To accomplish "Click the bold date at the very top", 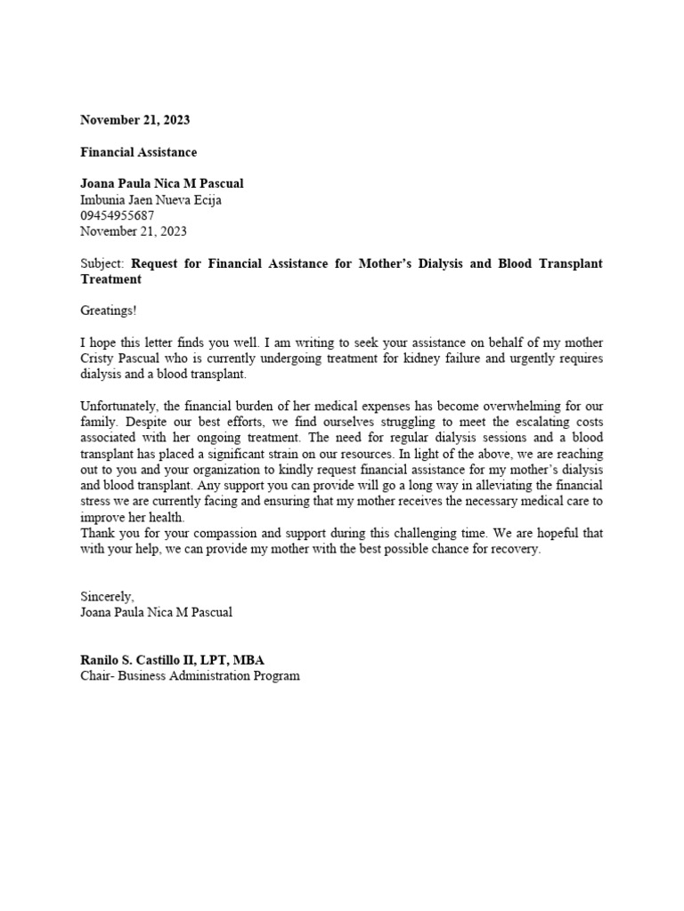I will pyautogui.click(x=134, y=120).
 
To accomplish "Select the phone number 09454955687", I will pyautogui.click(x=117, y=215).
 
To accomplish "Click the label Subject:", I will pyautogui.click(x=103, y=263).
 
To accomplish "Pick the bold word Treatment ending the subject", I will pyautogui.click(x=110, y=279).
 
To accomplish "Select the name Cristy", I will pyautogui.click(x=99, y=359).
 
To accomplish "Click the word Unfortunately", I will pyautogui.click(x=118, y=407).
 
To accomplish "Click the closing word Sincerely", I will pyautogui.click(x=106, y=597).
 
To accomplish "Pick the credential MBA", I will pyautogui.click(x=247, y=660).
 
